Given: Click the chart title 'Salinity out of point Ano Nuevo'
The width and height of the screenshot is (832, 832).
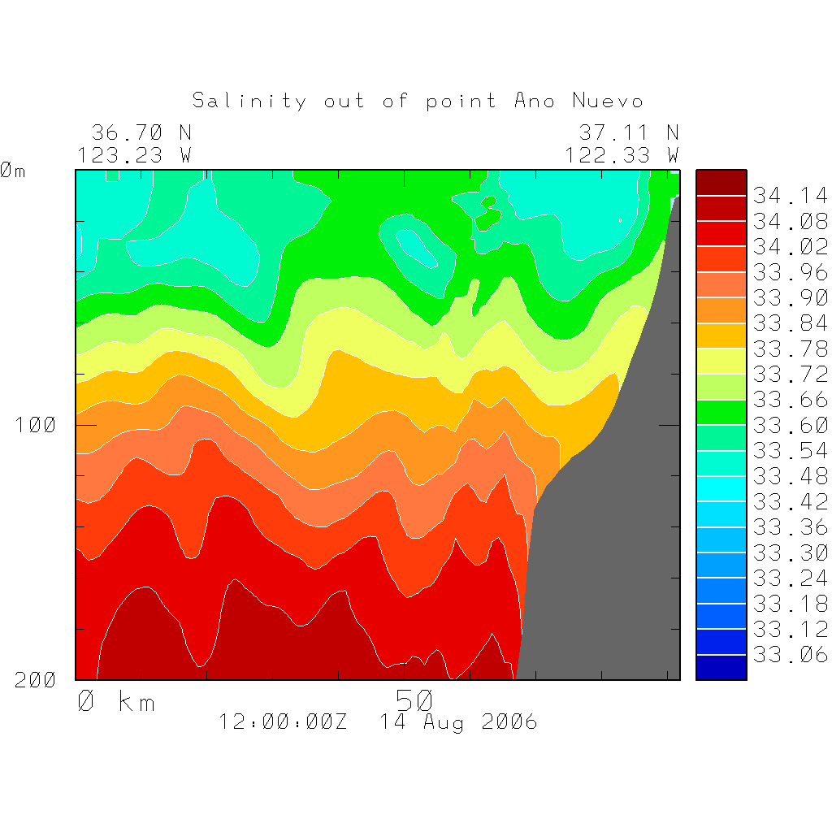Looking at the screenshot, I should pos(418,101).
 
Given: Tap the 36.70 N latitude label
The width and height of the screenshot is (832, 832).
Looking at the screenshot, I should pos(141,132).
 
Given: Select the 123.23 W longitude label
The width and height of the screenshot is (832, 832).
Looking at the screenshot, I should pos(134,154).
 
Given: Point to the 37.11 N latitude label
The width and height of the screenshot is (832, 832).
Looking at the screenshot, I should pos(628,132).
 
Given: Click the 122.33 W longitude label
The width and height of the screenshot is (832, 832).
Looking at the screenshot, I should pos(622,154).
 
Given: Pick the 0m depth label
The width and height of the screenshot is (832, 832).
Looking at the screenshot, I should pos(13,171).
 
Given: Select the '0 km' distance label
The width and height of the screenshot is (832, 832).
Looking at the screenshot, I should pos(115,701).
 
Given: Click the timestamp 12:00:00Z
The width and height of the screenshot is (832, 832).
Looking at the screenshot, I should pos(283,721).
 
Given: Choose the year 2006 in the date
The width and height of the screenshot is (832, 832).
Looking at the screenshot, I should pos(509,721).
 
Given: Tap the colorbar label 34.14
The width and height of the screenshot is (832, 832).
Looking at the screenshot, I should pos(790,196).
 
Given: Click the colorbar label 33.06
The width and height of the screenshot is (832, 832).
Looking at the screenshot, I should pos(790,655).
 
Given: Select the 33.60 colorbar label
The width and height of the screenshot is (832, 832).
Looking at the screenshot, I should pos(790,425).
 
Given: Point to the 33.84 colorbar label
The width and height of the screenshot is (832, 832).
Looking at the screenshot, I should pos(790,323).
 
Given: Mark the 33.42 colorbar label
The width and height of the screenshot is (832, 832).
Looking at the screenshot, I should pos(790,501).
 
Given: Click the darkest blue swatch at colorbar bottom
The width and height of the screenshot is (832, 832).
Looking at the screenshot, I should pos(721,667).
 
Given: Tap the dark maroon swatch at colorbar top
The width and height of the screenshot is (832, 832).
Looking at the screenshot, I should pos(721,183).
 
